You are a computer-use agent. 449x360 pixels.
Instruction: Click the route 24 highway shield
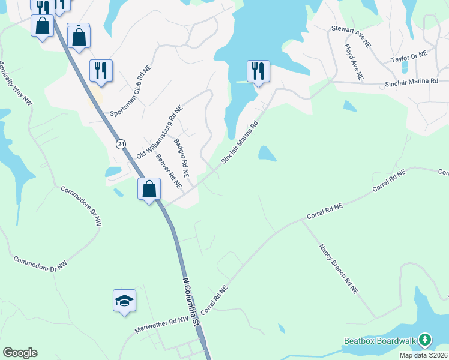[121, 144]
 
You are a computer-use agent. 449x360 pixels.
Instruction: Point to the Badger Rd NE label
[181, 158]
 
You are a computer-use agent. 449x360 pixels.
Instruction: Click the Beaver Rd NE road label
[169, 170]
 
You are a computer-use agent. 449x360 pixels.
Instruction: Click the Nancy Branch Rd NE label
[339, 268]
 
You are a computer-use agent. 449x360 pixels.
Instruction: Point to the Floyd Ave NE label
[354, 62]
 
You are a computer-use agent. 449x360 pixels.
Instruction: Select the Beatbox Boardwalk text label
[379, 341]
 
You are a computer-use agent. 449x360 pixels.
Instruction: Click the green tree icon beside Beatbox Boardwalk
[425, 340]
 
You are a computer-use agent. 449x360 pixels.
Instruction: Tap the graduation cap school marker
[124, 301]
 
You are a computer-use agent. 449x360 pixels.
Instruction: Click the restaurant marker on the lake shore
[258, 71]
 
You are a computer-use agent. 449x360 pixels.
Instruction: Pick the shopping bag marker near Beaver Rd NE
[149, 189]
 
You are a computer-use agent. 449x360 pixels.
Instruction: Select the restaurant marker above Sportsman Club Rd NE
[101, 70]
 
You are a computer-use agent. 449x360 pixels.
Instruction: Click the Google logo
[20, 353]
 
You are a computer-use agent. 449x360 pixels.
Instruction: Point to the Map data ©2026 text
[424, 355]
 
